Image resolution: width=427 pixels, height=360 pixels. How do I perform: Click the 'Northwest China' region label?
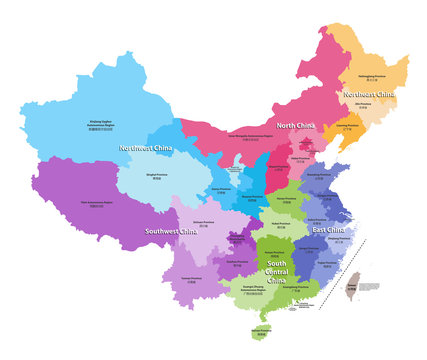coord(143,148)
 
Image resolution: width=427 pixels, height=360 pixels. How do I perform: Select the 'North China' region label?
coord(298,125)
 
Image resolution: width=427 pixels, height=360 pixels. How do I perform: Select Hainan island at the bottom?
coord(261,329)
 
